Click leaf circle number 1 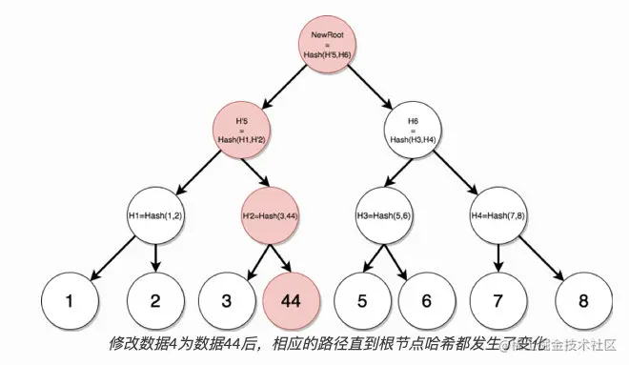coord(69,300)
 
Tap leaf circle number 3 coord(227,300)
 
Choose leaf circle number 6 coord(425,300)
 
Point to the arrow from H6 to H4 coord(459,175)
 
